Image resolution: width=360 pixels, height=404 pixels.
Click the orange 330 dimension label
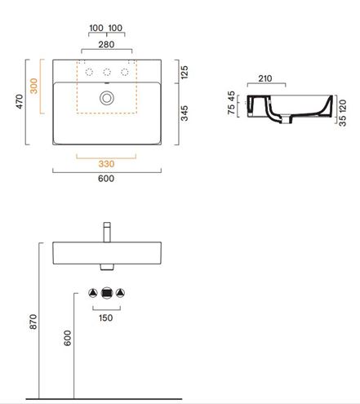[x=106, y=164]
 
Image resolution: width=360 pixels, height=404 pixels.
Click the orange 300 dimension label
[x=33, y=86]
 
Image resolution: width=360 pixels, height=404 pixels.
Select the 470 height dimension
[x=20, y=101]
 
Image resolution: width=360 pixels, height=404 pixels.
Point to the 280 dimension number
[x=106, y=44]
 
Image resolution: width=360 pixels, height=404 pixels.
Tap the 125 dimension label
[x=184, y=72]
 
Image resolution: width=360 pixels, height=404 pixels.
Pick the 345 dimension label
[x=184, y=113]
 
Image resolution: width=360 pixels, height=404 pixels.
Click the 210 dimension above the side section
[x=264, y=78]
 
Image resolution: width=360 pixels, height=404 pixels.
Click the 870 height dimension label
[x=33, y=322]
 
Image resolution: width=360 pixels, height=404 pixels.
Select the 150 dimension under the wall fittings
[x=105, y=317]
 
